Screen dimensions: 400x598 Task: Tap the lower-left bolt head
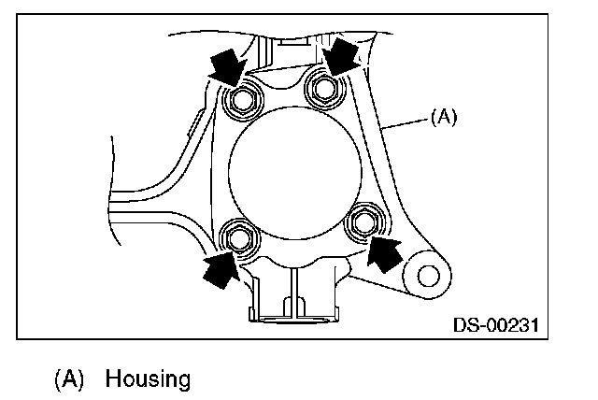click(240, 239)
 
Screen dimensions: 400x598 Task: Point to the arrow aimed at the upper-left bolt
click(223, 67)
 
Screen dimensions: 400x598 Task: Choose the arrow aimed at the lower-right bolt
click(385, 251)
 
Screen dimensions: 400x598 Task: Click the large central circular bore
click(292, 169)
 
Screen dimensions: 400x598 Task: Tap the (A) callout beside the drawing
click(443, 118)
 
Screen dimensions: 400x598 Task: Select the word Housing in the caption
click(148, 379)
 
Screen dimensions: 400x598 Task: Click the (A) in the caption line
click(70, 379)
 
